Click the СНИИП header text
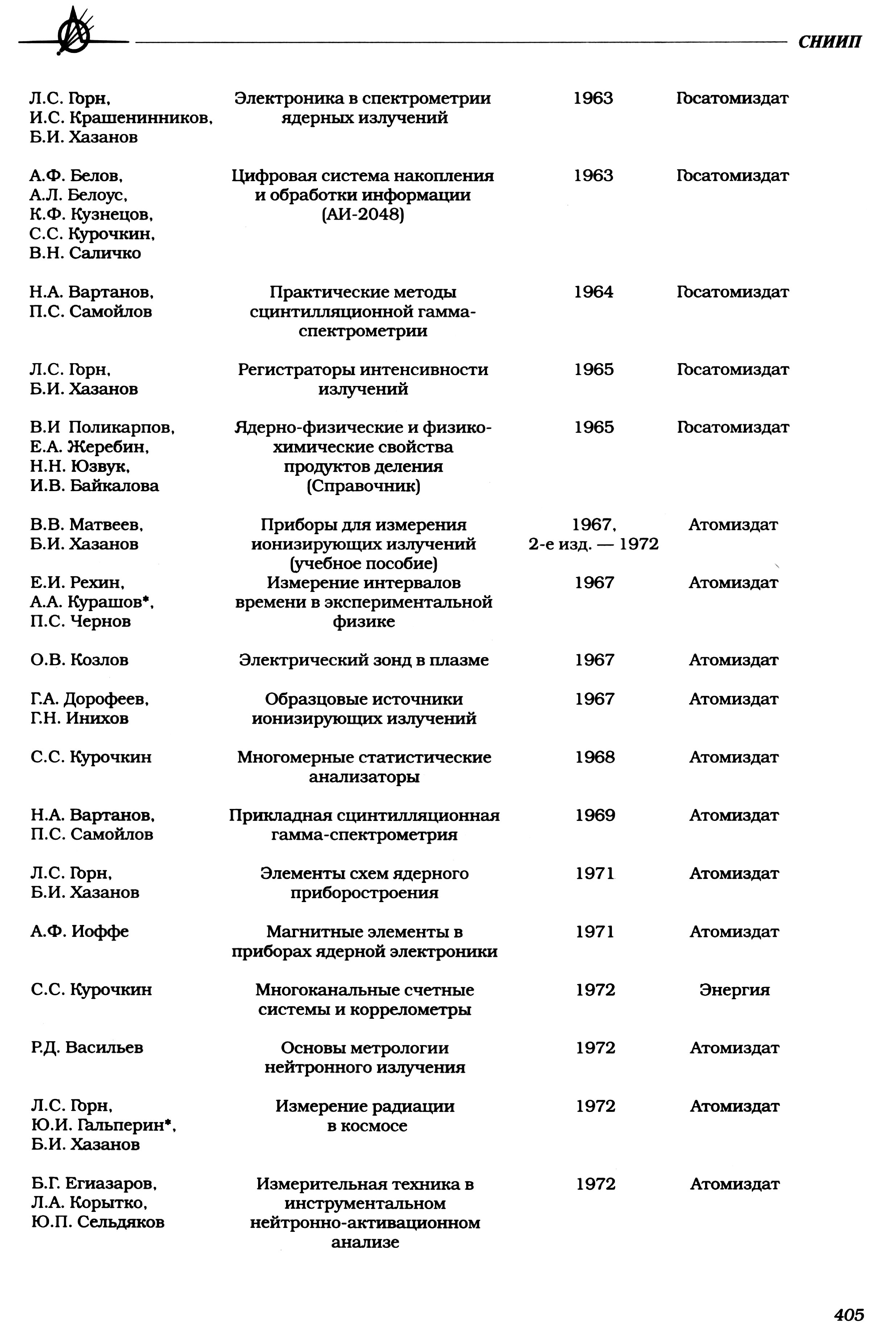[x=829, y=42]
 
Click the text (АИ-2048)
[x=363, y=215]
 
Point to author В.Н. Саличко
[x=86, y=253]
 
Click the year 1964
[x=593, y=292]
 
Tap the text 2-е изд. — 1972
[x=593, y=544]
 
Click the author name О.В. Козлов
[x=79, y=660]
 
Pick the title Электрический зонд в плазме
[x=364, y=660]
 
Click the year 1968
[x=594, y=757]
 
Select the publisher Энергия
[x=734, y=990]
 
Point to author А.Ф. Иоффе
[x=80, y=931]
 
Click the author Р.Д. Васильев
[x=87, y=1048]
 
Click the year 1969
[x=594, y=815]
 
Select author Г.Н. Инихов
[x=79, y=718]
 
